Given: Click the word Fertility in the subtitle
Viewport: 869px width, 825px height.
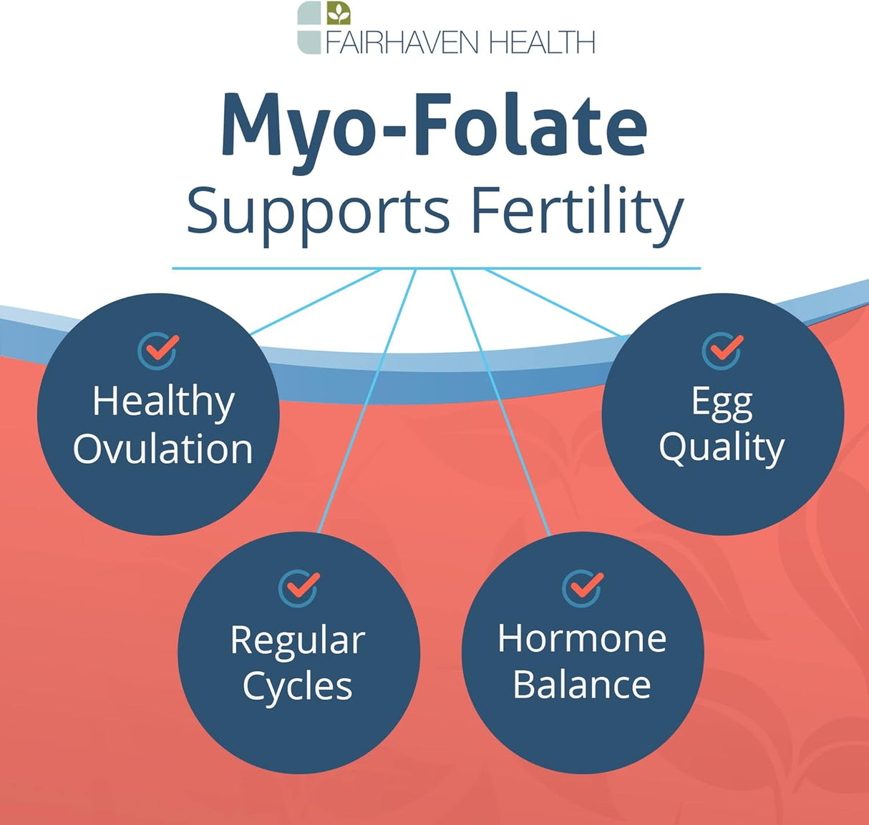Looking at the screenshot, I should tap(576, 212).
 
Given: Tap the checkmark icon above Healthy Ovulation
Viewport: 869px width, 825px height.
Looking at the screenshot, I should tap(158, 351).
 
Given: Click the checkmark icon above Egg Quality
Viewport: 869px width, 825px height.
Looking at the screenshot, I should tap(722, 351).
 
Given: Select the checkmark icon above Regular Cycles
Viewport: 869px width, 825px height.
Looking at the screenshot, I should tap(298, 588).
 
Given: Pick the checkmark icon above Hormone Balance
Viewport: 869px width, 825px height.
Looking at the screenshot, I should tap(583, 588).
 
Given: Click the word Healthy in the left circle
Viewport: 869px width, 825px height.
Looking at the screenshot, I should tap(163, 401).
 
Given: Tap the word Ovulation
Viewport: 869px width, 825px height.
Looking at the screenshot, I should tap(162, 449).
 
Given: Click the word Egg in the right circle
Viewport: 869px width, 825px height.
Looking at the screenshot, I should tap(722, 402).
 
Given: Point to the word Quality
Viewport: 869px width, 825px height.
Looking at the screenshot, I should tap(722, 449).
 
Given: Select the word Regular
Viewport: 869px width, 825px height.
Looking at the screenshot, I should tap(298, 640).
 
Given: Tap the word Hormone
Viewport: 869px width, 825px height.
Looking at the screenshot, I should tap(582, 638).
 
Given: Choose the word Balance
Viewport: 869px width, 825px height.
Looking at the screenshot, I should tap(582, 685).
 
